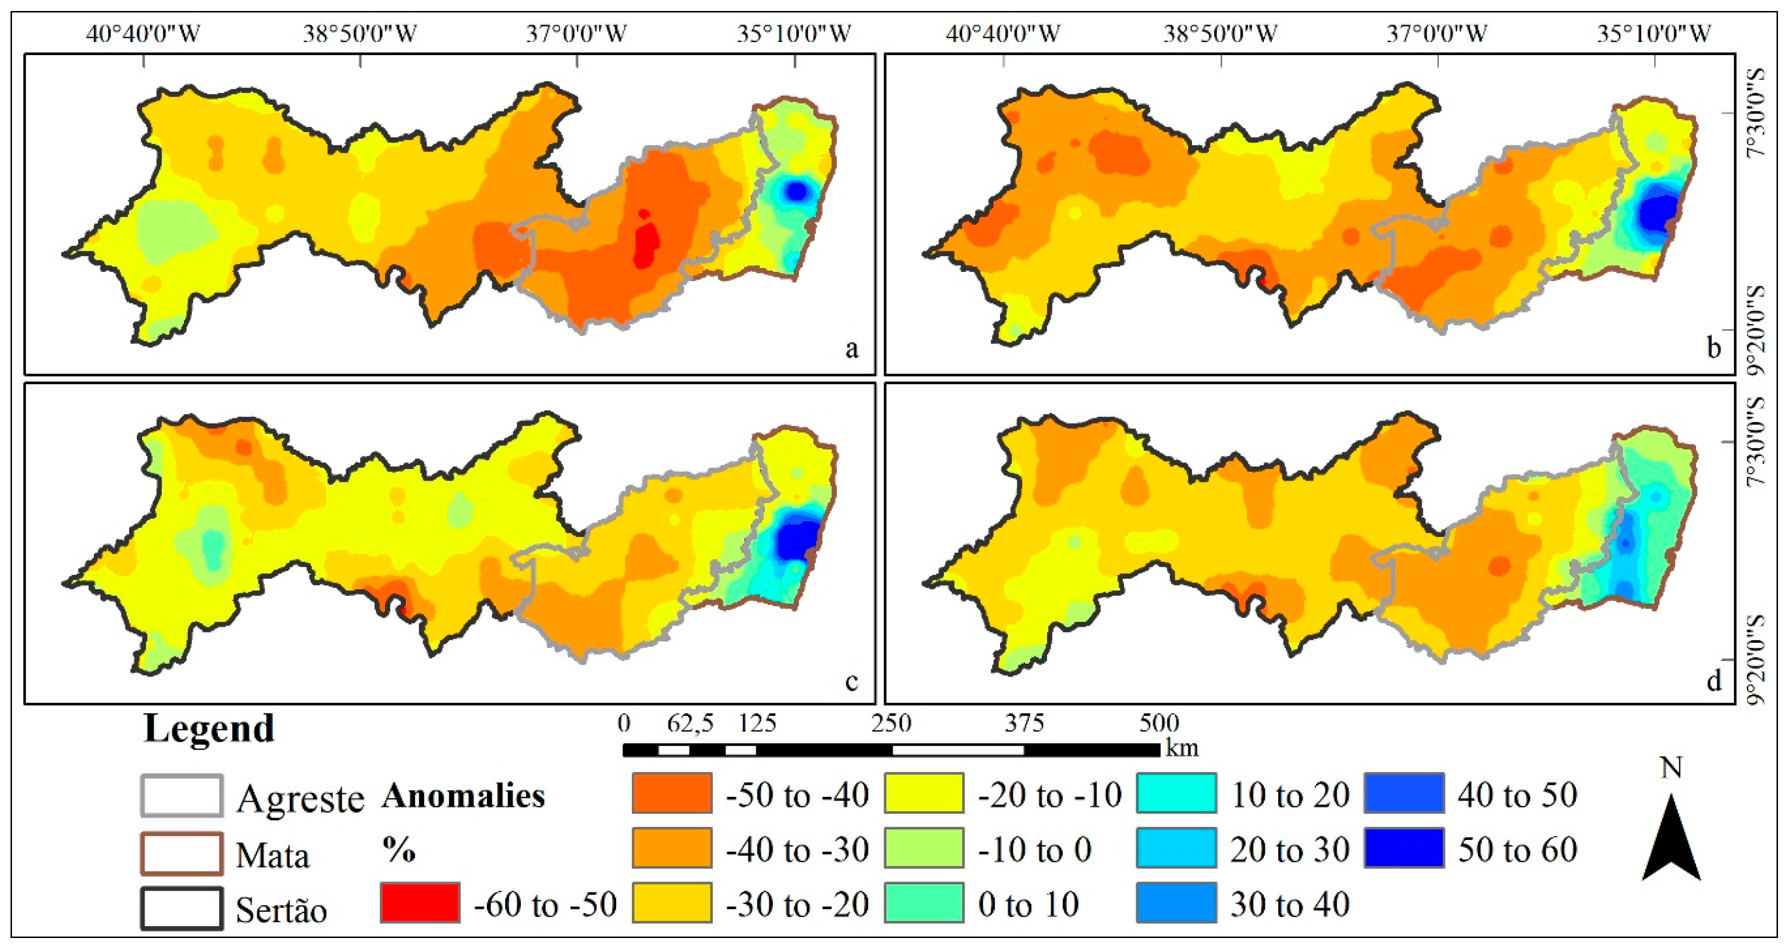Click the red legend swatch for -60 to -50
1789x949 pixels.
pyautogui.click(x=419, y=903)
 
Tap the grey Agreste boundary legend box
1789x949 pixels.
pyautogui.click(x=182, y=795)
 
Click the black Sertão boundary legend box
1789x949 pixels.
pyautogui.click(x=182, y=908)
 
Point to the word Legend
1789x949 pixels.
pyautogui.click(x=208, y=729)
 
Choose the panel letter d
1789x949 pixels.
pyautogui.click(x=1713, y=681)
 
